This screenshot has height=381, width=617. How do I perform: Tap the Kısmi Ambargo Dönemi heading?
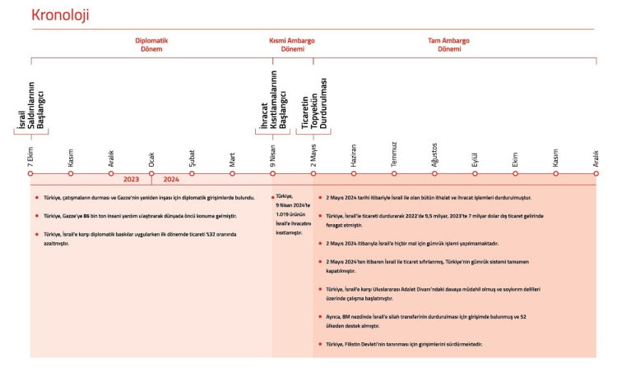(292, 44)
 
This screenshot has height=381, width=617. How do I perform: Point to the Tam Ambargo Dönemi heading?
(454, 44)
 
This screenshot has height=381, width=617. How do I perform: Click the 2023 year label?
(131, 178)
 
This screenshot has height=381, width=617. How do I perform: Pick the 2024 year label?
(171, 178)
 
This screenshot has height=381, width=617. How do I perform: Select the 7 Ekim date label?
(31, 158)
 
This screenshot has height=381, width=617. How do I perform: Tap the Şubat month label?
(192, 158)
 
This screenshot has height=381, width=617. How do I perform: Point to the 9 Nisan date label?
(273, 157)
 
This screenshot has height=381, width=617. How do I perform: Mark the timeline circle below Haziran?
(354, 174)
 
